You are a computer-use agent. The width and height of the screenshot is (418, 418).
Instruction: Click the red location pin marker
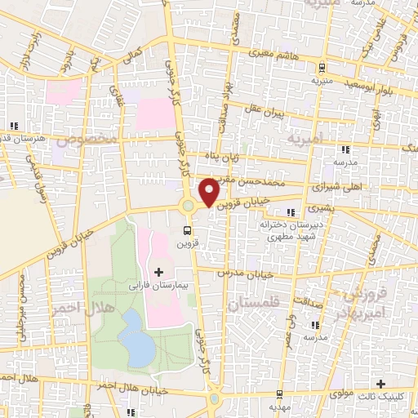click(209, 191)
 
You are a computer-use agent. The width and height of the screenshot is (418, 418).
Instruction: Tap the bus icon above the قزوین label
click(188, 231)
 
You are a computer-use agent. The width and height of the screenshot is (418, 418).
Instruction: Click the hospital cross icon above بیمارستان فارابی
click(158, 270)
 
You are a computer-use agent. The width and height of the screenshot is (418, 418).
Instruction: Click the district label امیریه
click(306, 140)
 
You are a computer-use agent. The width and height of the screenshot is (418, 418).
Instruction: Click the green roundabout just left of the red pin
click(189, 206)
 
